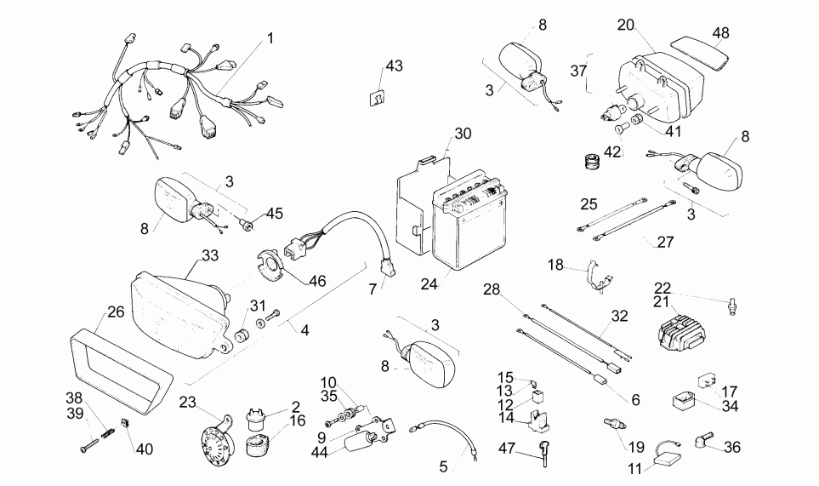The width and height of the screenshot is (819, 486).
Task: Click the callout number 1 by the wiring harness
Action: (270, 38)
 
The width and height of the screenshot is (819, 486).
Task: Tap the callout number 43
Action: (394, 66)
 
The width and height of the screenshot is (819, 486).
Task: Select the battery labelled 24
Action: (465, 226)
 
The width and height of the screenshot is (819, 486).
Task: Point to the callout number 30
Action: (461, 134)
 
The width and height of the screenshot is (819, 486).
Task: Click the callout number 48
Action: (720, 33)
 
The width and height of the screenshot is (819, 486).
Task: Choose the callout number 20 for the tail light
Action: (625, 25)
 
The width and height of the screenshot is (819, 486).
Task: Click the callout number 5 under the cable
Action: (442, 466)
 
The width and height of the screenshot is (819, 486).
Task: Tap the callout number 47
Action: (507, 449)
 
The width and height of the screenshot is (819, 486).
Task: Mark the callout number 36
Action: (731, 446)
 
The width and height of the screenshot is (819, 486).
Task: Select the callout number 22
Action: (663, 287)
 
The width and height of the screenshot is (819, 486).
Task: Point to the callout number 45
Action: (274, 213)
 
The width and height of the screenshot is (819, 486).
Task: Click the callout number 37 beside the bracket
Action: (578, 71)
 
